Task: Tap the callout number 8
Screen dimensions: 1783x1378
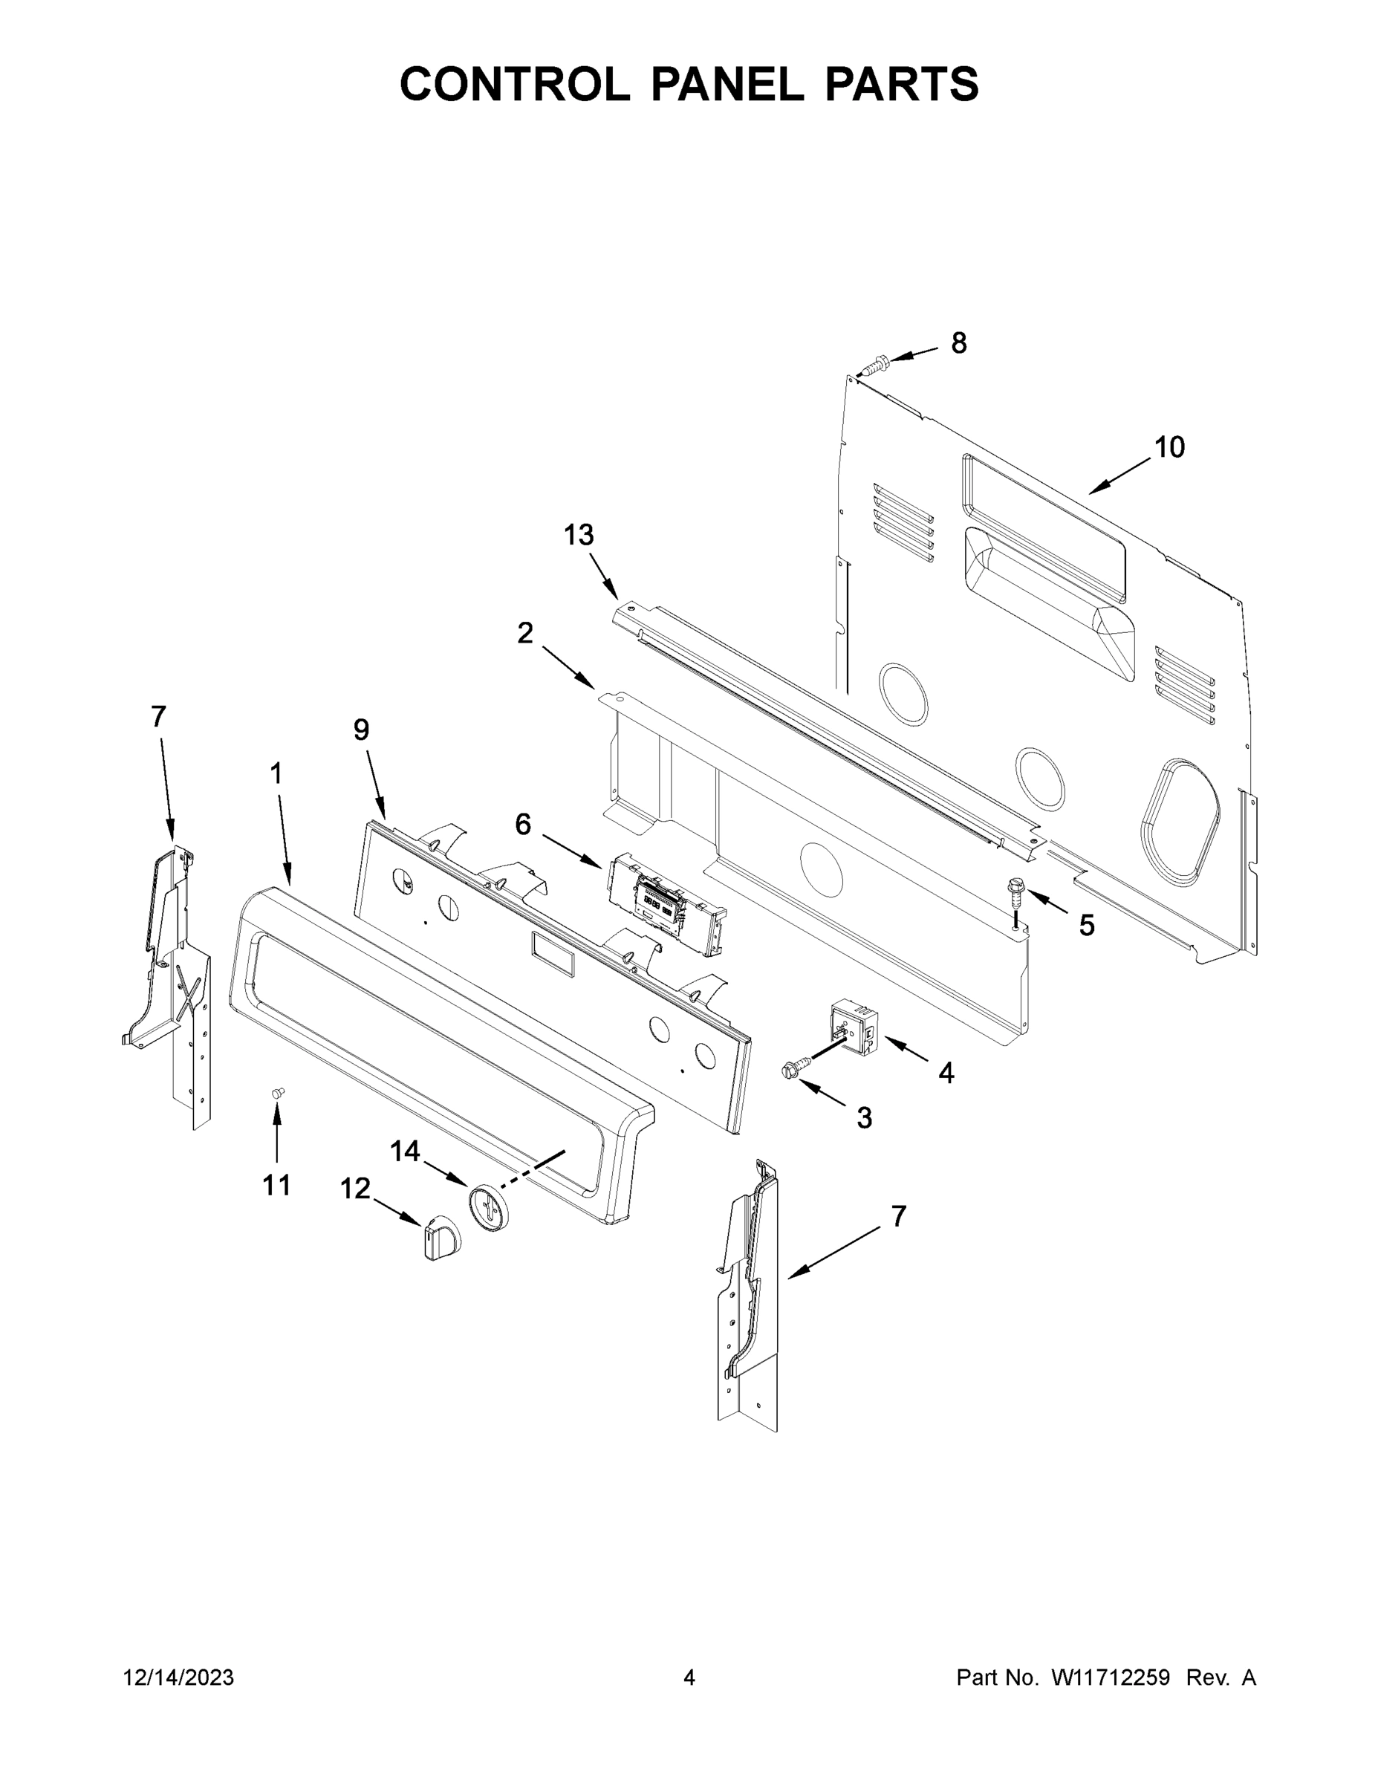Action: [x=958, y=343]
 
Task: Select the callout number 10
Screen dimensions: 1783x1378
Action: [x=1169, y=446]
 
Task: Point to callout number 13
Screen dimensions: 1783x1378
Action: [x=579, y=536]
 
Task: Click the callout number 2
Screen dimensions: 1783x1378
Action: [x=525, y=633]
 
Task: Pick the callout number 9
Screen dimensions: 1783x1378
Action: [x=361, y=729]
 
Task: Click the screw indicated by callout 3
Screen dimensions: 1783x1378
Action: [x=796, y=1070]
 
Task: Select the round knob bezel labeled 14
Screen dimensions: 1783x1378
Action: [x=488, y=1207]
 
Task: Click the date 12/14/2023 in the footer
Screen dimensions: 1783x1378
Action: [x=179, y=1677]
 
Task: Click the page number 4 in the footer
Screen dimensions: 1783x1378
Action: [x=689, y=1677]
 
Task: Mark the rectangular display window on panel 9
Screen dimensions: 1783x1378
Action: [x=552, y=954]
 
